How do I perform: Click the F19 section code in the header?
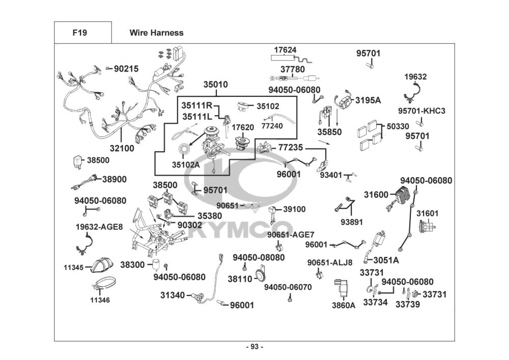pyautogui.click(x=79, y=33)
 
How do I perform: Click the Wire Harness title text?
pyautogui.click(x=156, y=33)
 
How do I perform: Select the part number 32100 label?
pyautogui.click(x=122, y=149)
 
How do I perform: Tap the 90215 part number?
pyautogui.click(x=126, y=68)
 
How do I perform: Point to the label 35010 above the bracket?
pyautogui.click(x=216, y=85)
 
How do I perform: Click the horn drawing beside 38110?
pyautogui.click(x=261, y=278)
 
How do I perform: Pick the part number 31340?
pyautogui.click(x=172, y=295)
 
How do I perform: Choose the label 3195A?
pyautogui.click(x=368, y=100)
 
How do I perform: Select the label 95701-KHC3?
pyautogui.click(x=421, y=110)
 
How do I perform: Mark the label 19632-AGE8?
pyautogui.click(x=99, y=227)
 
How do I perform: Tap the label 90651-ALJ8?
pyautogui.click(x=330, y=263)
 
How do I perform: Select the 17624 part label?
pyautogui.click(x=285, y=50)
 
